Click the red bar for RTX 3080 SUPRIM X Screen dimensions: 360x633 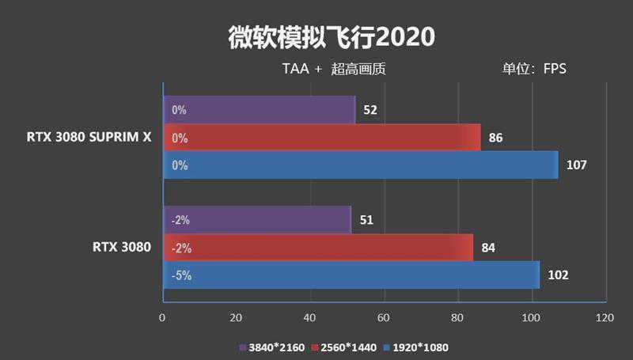(x=321, y=138)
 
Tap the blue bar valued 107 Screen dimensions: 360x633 (x=360, y=165)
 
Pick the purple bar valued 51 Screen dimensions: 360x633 (x=257, y=220)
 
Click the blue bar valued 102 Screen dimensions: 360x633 (x=351, y=275)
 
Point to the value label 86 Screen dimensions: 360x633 (x=496, y=138)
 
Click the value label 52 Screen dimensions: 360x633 (x=370, y=110)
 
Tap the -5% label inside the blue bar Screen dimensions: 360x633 (x=181, y=276)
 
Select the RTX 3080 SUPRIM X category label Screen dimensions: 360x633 (x=88, y=137)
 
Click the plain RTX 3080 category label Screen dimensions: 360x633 (x=121, y=247)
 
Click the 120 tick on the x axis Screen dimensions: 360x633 (x=605, y=317)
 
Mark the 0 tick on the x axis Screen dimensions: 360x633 (x=162, y=317)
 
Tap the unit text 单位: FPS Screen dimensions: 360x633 (x=534, y=69)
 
